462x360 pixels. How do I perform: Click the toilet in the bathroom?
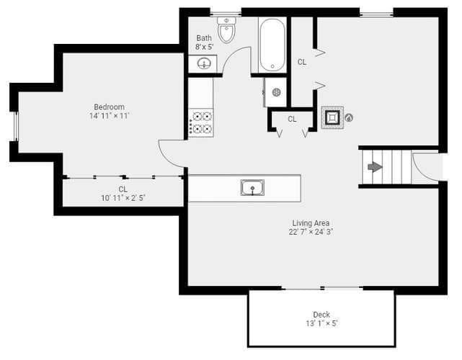click(x=226, y=30)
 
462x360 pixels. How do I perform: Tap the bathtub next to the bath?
click(x=272, y=45)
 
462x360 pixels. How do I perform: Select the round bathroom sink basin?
click(x=204, y=63)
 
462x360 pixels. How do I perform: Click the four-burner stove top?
click(x=200, y=122)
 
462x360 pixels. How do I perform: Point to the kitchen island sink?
click(x=252, y=187)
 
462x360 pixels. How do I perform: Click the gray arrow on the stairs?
click(x=375, y=167)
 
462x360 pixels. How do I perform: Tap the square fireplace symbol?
click(x=332, y=117)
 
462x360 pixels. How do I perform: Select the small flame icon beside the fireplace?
click(x=349, y=118)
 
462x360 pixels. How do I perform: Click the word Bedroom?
click(x=109, y=107)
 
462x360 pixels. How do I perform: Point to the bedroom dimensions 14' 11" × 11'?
click(x=110, y=116)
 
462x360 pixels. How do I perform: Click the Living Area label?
click(x=311, y=222)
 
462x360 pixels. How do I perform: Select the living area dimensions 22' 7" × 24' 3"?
click(x=311, y=232)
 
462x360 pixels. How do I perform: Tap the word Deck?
click(x=321, y=315)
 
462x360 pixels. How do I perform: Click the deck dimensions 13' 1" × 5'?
click(x=321, y=323)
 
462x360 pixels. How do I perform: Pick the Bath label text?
click(x=204, y=38)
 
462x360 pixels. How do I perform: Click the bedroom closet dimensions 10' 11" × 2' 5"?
click(x=123, y=198)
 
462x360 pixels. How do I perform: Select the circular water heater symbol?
click(x=276, y=92)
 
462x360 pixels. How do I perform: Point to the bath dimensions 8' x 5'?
click(x=204, y=47)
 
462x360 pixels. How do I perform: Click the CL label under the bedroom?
click(x=123, y=189)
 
